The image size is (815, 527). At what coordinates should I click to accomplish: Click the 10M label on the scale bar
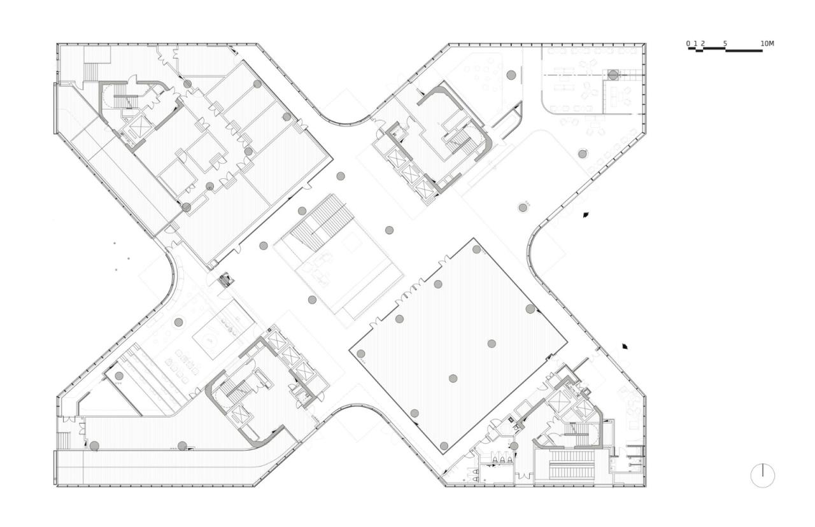pos(767,44)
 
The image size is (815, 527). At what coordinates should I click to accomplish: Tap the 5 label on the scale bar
pos(725,44)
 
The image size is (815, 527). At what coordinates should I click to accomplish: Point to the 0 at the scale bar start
pos(688,44)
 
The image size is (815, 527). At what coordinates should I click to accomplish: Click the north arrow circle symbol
pos(762,475)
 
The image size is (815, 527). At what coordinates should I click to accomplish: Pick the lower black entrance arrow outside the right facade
pos(627,346)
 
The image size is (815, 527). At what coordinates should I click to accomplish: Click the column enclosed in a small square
pos(613,74)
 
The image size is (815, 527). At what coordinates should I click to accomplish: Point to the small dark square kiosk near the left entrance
pos(225,279)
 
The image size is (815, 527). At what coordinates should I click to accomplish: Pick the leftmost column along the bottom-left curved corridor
pos(94,446)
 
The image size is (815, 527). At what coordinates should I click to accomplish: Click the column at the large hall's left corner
pos(360,354)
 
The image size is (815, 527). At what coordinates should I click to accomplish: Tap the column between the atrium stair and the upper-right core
pos(389,230)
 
